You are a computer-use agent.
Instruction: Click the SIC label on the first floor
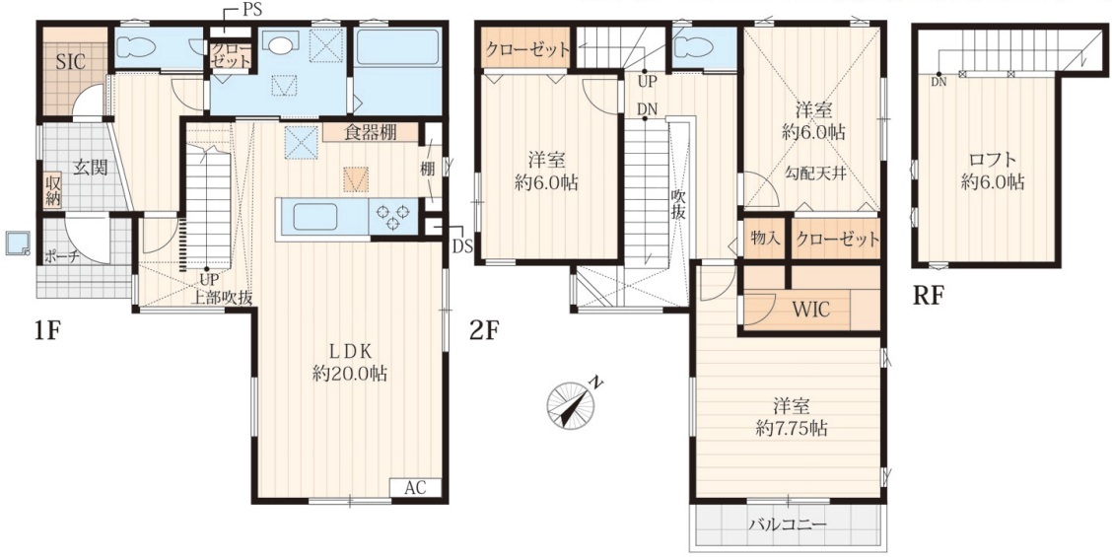[71, 62]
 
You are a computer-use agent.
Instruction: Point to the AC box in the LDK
[416, 487]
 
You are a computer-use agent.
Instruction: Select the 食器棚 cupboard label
[371, 132]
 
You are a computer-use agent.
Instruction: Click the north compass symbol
[573, 401]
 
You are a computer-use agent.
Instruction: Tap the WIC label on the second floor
[810, 310]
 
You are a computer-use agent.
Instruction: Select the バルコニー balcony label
[788, 525]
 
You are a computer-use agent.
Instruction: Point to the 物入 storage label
[765, 238]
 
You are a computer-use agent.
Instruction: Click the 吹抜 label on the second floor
[678, 205]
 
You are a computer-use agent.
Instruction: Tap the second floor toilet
[695, 48]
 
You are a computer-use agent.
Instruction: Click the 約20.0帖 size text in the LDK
[350, 374]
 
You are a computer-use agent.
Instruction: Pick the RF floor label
[929, 295]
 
